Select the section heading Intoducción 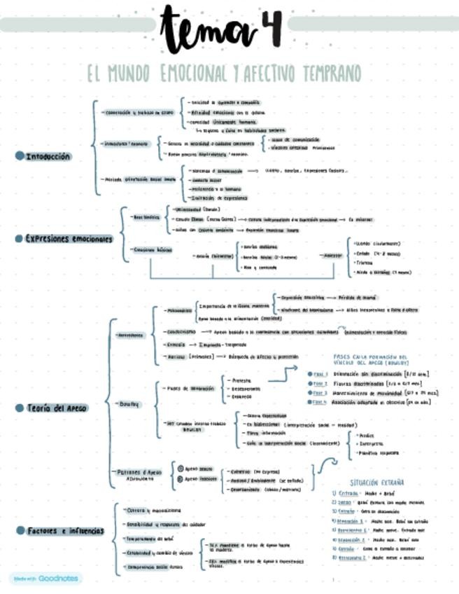(x=48, y=156)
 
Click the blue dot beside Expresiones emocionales (x=20, y=238)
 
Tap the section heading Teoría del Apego (x=57, y=407)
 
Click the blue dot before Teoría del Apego (x=20, y=407)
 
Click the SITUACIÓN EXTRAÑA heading (x=377, y=483)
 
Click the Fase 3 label (x=320, y=393)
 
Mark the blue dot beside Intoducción (x=20, y=156)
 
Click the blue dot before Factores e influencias (x=20, y=530)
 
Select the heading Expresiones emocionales (x=69, y=238)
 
